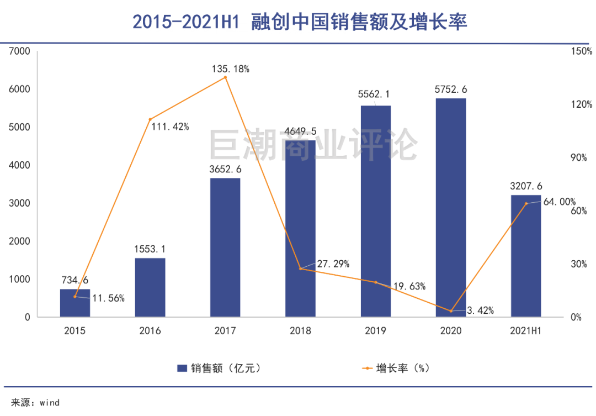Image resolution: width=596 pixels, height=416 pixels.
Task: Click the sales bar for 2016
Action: tap(150, 287)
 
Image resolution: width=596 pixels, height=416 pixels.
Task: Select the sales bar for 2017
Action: tap(225, 248)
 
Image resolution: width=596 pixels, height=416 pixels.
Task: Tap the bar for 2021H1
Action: tap(526, 256)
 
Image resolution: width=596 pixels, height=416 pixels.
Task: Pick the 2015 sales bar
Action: tap(75, 303)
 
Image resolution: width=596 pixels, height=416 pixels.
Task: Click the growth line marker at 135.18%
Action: tap(225, 77)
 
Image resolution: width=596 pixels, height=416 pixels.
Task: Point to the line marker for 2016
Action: tap(150, 119)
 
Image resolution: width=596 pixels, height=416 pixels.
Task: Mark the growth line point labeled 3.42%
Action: tap(451, 311)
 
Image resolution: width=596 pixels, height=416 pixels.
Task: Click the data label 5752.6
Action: tap(451, 89)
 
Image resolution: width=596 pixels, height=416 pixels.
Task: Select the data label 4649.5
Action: tap(300, 131)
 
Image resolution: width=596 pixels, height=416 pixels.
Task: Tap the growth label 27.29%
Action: tap(333, 264)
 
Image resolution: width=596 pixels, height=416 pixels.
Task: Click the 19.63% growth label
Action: tap(409, 286)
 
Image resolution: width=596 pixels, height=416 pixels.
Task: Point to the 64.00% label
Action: tap(560, 202)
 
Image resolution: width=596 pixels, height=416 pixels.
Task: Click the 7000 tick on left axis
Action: tap(19, 51)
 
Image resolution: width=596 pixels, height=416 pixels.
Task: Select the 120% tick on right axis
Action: tap(582, 104)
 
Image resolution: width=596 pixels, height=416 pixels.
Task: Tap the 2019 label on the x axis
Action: tap(376, 331)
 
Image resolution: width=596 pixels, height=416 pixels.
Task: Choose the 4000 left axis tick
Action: tap(19, 165)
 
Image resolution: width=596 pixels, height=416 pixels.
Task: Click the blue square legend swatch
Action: tap(182, 368)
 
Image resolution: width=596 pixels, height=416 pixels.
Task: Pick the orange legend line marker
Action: tap(367, 368)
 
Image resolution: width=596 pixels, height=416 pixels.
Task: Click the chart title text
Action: tap(300, 22)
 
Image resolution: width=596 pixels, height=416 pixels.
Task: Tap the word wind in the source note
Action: tap(50, 403)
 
